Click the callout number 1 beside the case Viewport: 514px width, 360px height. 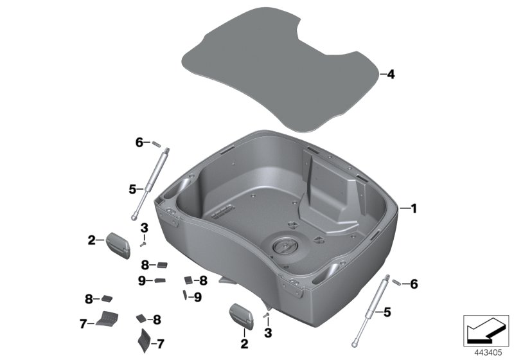point(414,208)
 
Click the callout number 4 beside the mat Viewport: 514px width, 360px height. point(391,75)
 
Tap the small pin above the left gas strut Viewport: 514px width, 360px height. point(155,143)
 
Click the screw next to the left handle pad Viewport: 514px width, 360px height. point(145,243)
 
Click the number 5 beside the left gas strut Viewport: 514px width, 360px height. point(132,189)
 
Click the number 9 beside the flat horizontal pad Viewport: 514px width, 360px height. point(141,280)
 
